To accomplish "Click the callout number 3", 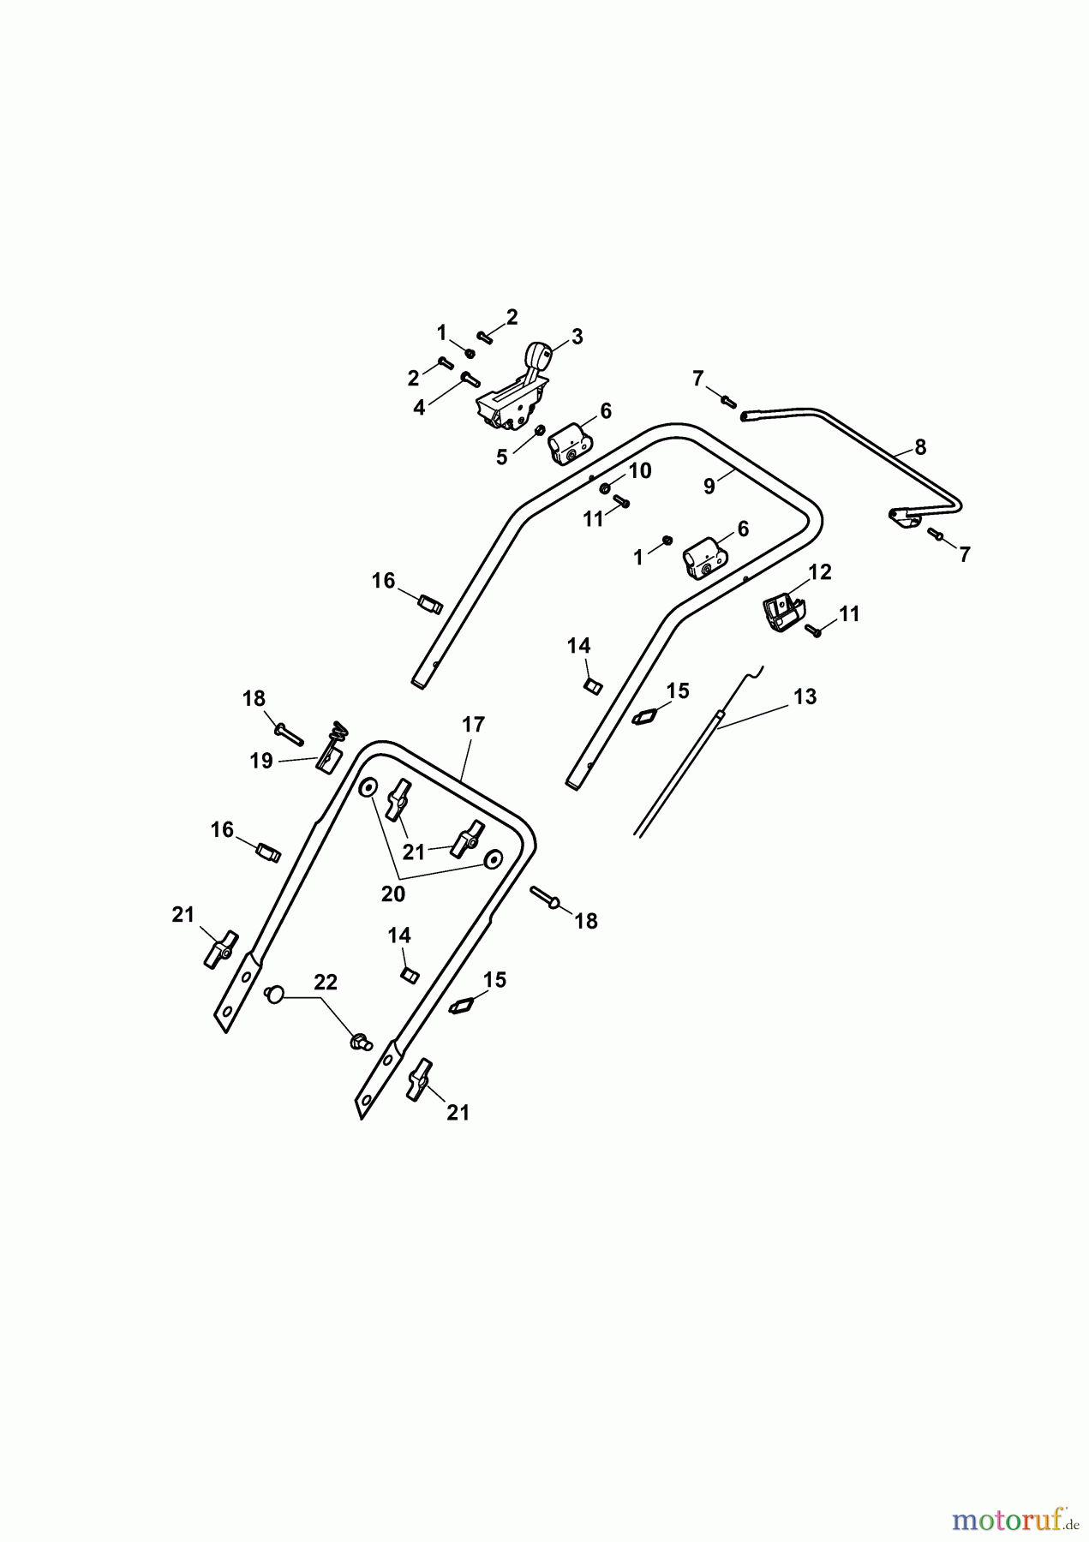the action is [577, 337].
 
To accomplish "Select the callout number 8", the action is [920, 446].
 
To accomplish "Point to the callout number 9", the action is [709, 486].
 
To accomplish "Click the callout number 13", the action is [805, 696].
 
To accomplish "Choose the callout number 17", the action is [474, 725].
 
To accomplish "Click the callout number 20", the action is [393, 894].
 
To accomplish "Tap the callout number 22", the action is [326, 983].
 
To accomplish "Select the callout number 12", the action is [820, 572].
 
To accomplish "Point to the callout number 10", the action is [640, 470].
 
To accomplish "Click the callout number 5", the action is [502, 457].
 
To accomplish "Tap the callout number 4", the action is [419, 408].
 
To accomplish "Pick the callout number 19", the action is [261, 761].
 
